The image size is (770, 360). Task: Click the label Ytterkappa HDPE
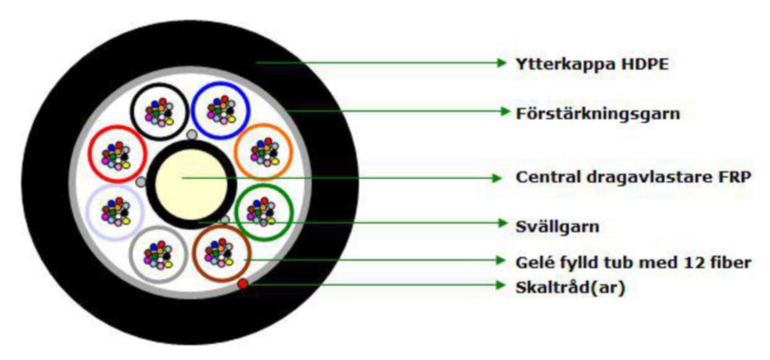pyautogui.click(x=592, y=64)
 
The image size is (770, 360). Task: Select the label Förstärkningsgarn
pyautogui.click(x=598, y=114)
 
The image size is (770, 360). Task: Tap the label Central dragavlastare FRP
pyautogui.click(x=633, y=177)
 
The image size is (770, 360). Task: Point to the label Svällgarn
pyautogui.click(x=557, y=227)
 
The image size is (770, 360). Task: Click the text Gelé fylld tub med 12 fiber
pyautogui.click(x=633, y=262)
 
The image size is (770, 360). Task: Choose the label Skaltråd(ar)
pyautogui.click(x=570, y=287)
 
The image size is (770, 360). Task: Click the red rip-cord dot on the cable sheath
pyautogui.click(x=243, y=284)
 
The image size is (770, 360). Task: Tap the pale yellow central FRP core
pyautogui.click(x=191, y=185)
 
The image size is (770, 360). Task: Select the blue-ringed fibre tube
pyautogui.click(x=221, y=82)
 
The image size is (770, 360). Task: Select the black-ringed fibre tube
pyautogui.click(x=159, y=84)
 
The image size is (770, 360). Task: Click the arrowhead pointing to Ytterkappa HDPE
pyautogui.click(x=502, y=63)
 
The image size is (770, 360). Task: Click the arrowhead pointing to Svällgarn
pyautogui.click(x=503, y=223)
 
